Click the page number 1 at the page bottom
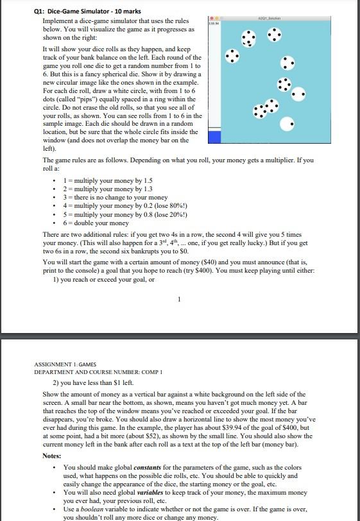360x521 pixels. [180, 297]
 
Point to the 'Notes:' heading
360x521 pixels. [52, 456]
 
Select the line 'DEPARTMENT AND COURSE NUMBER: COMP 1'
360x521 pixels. [91, 372]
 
